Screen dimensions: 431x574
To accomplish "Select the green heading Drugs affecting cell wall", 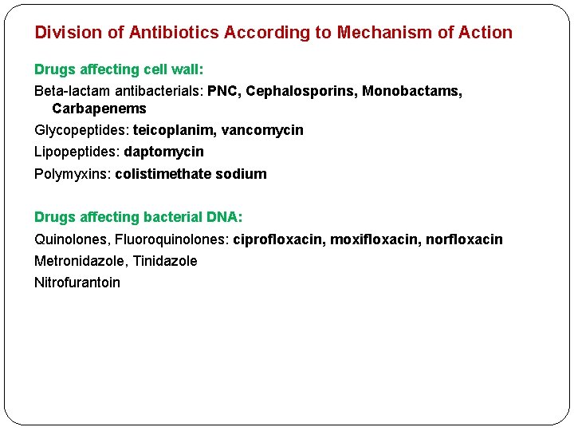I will pos(119,69).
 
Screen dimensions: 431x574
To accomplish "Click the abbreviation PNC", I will pos(223,91).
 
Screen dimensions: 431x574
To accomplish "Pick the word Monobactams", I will pos(411,91).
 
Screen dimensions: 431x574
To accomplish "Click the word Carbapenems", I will pos(99,109).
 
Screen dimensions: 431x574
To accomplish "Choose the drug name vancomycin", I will pos(262,130).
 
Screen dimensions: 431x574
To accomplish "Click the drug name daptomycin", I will pos(163,152).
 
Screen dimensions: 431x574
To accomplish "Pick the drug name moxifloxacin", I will pos(374,239).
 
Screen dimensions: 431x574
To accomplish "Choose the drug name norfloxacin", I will pos(464,239).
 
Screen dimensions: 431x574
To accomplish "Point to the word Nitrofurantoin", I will pos(77,283).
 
